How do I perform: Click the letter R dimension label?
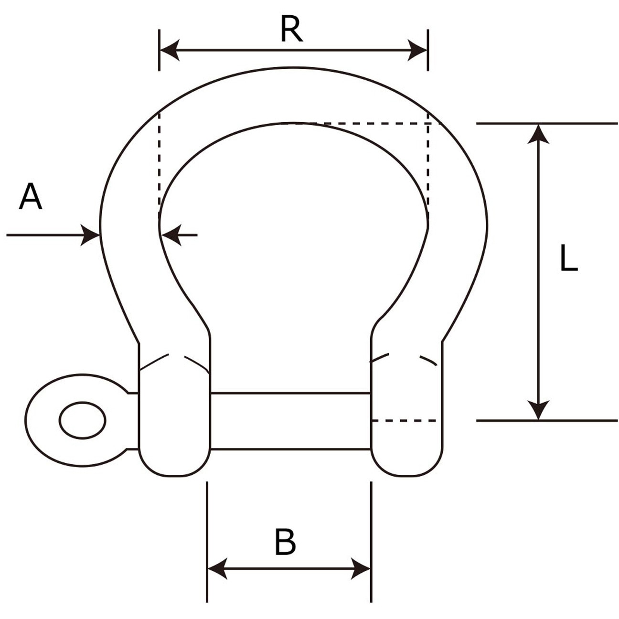[291, 30]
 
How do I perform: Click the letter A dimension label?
[31, 197]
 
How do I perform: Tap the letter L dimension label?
[568, 258]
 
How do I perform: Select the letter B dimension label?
[285, 542]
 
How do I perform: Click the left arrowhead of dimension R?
[170, 51]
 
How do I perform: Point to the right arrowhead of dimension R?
[417, 51]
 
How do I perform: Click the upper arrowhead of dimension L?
[538, 134]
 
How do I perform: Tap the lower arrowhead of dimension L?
[538, 410]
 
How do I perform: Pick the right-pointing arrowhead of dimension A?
[90, 235]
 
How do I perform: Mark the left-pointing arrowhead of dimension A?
[171, 235]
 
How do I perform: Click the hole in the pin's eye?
[82, 420]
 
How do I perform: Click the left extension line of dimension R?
[160, 50]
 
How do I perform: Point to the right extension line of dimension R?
[428, 50]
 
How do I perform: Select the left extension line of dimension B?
[207, 542]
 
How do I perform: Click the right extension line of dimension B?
[371, 542]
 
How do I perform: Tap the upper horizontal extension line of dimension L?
[547, 123]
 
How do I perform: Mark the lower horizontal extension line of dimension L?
[547, 420]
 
